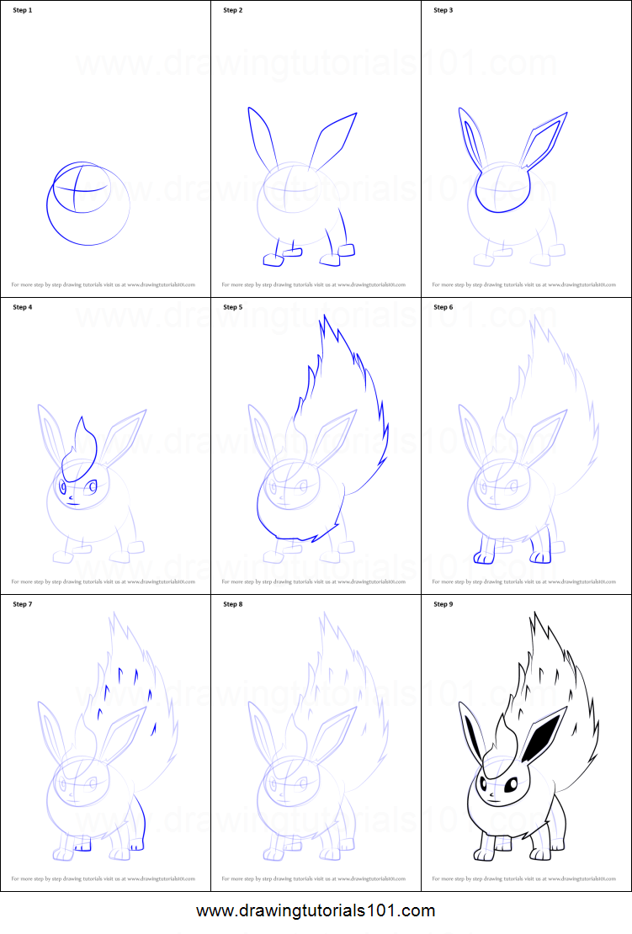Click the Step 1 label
pyautogui.click(x=22, y=11)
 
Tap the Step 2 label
pyautogui.click(x=233, y=11)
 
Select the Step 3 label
pyautogui.click(x=443, y=11)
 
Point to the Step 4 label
pyautogui.click(x=22, y=307)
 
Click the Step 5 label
pyautogui.click(x=233, y=307)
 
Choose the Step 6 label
pyautogui.click(x=443, y=307)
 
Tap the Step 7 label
pyautogui.click(x=22, y=604)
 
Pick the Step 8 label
pyautogui.click(x=233, y=604)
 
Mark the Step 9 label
pyautogui.click(x=443, y=604)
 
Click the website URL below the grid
pyautogui.click(x=316, y=910)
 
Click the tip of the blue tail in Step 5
pyautogui.click(x=322, y=321)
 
